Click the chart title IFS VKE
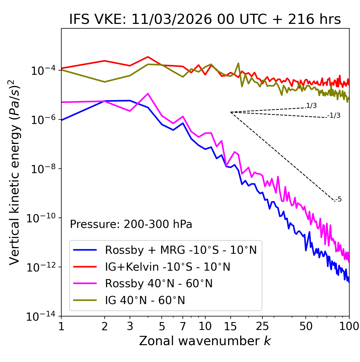(x=205, y=20)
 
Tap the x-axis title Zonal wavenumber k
(x=205, y=341)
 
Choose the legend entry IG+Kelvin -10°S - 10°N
(x=168, y=267)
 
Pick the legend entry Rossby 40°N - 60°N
(x=159, y=284)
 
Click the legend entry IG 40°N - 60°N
(x=145, y=300)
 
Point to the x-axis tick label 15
(x=230, y=326)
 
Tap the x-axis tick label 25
(x=262, y=326)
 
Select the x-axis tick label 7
(x=183, y=326)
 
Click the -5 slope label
(x=338, y=200)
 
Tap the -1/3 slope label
(x=334, y=116)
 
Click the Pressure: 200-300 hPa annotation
(x=131, y=224)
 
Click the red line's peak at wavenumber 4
(x=148, y=57)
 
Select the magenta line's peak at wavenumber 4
(x=148, y=94)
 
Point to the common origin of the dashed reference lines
(x=231, y=112)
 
